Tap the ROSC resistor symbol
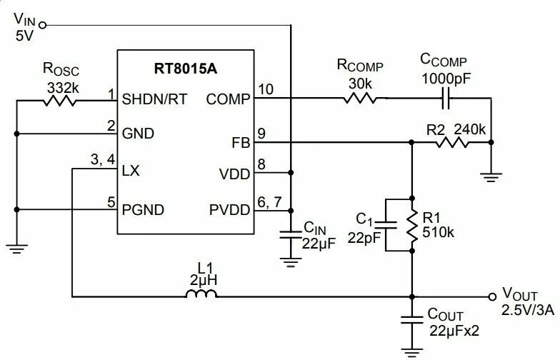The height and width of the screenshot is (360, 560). pos(60,101)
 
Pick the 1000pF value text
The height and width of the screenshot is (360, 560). pos(444,77)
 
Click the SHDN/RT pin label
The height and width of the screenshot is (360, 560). pos(155,99)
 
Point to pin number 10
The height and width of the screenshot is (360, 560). pos(266,89)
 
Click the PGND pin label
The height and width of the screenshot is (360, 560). pos(144,209)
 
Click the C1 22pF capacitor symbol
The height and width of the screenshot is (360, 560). pos(386,225)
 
